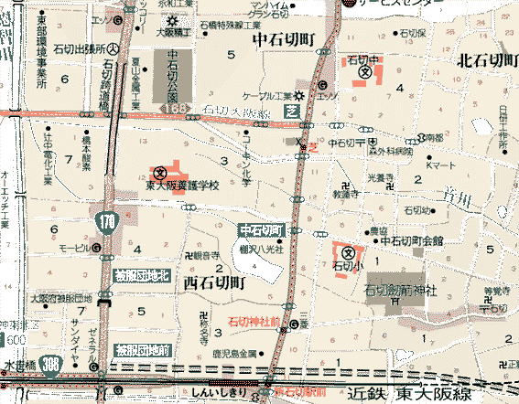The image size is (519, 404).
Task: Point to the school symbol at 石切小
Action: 349,252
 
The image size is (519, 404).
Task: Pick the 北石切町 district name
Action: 486,61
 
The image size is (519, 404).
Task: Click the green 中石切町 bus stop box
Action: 264,229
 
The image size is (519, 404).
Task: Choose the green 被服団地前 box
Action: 142,349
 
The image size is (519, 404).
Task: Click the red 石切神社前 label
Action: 254,322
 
